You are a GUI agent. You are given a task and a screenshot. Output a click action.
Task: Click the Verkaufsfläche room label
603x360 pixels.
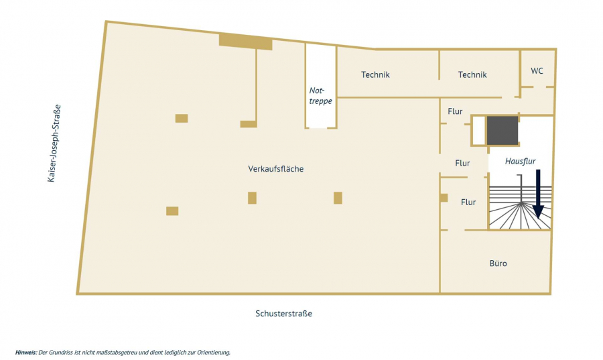pyautogui.click(x=275, y=169)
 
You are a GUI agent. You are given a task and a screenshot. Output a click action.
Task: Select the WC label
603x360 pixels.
pyautogui.click(x=537, y=70)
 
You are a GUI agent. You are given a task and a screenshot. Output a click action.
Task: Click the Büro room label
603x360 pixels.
pyautogui.click(x=498, y=263)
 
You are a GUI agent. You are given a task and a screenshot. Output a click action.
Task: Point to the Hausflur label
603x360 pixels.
pyautogui.click(x=519, y=162)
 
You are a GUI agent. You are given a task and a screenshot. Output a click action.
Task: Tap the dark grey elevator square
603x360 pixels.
pyautogui.click(x=502, y=130)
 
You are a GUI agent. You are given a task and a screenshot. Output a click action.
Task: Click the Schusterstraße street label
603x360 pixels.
pyautogui.click(x=283, y=314)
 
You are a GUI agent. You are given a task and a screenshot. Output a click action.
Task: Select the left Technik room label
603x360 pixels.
pyautogui.click(x=375, y=74)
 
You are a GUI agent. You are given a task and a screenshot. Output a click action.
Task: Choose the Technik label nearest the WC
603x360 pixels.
pyautogui.click(x=472, y=74)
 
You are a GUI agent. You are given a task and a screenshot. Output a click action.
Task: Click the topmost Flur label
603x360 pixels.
pyautogui.click(x=455, y=111)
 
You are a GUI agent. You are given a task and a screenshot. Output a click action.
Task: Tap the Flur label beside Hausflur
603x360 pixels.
pyautogui.click(x=462, y=163)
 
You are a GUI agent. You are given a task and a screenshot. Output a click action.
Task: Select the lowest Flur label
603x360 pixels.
pyautogui.click(x=468, y=202)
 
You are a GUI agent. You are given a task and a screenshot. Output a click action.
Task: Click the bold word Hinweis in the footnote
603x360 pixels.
pyautogui.click(x=25, y=352)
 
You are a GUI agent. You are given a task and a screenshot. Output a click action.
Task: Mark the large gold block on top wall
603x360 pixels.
pyautogui.click(x=245, y=42)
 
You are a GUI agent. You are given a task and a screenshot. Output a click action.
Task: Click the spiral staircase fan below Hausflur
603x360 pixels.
pyautogui.click(x=519, y=211)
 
